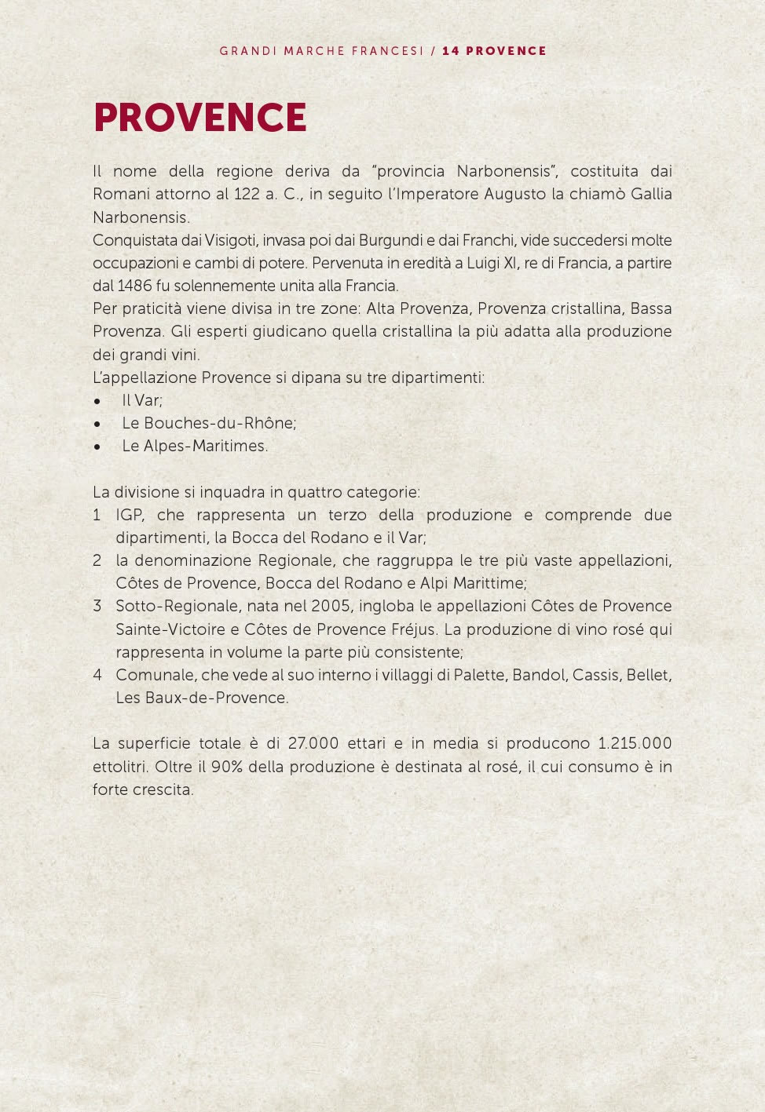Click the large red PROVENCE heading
[x=199, y=118]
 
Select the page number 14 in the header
[x=450, y=51]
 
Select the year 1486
[x=134, y=286]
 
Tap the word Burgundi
[x=391, y=240]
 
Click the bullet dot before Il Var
[x=97, y=401]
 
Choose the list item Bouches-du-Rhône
[x=219, y=423]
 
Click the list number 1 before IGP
[x=97, y=515]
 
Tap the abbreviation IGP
[x=130, y=515]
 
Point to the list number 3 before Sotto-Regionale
[x=97, y=606]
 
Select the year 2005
[x=331, y=606]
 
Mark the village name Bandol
[x=538, y=675]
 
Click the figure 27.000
[x=313, y=743]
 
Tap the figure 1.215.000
[x=635, y=743]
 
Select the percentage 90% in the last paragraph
[x=226, y=767]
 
